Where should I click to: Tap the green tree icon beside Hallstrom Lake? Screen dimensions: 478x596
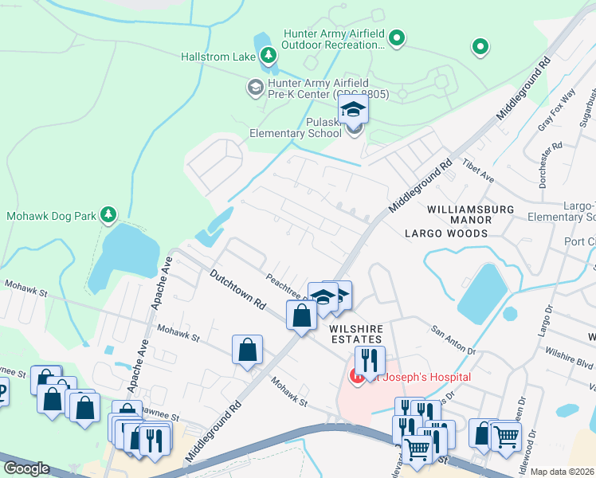click(x=269, y=55)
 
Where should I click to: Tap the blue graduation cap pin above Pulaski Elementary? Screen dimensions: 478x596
click(x=353, y=109)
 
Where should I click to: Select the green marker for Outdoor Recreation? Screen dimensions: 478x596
click(x=397, y=38)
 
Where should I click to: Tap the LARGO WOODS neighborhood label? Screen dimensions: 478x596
click(x=445, y=233)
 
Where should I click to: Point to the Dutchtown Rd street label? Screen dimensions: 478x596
click(x=237, y=289)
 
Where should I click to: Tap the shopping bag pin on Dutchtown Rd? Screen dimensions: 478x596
click(x=302, y=316)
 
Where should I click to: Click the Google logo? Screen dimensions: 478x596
click(x=26, y=468)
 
